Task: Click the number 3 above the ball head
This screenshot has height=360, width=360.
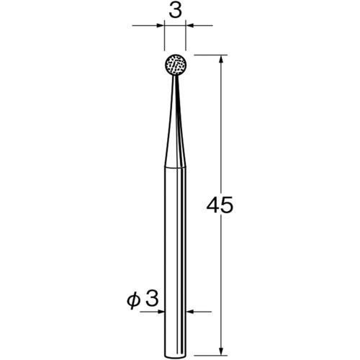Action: (x=175, y=11)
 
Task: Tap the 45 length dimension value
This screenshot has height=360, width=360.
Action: (x=220, y=205)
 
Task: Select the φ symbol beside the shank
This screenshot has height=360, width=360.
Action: (x=133, y=300)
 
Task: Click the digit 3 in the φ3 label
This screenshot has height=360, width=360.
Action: (x=152, y=299)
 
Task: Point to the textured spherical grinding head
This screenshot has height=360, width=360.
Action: (x=176, y=65)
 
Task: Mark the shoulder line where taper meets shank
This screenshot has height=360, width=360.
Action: (x=176, y=167)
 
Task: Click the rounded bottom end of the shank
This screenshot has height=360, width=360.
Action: (x=176, y=356)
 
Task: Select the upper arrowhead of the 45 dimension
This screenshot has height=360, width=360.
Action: (x=222, y=59)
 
